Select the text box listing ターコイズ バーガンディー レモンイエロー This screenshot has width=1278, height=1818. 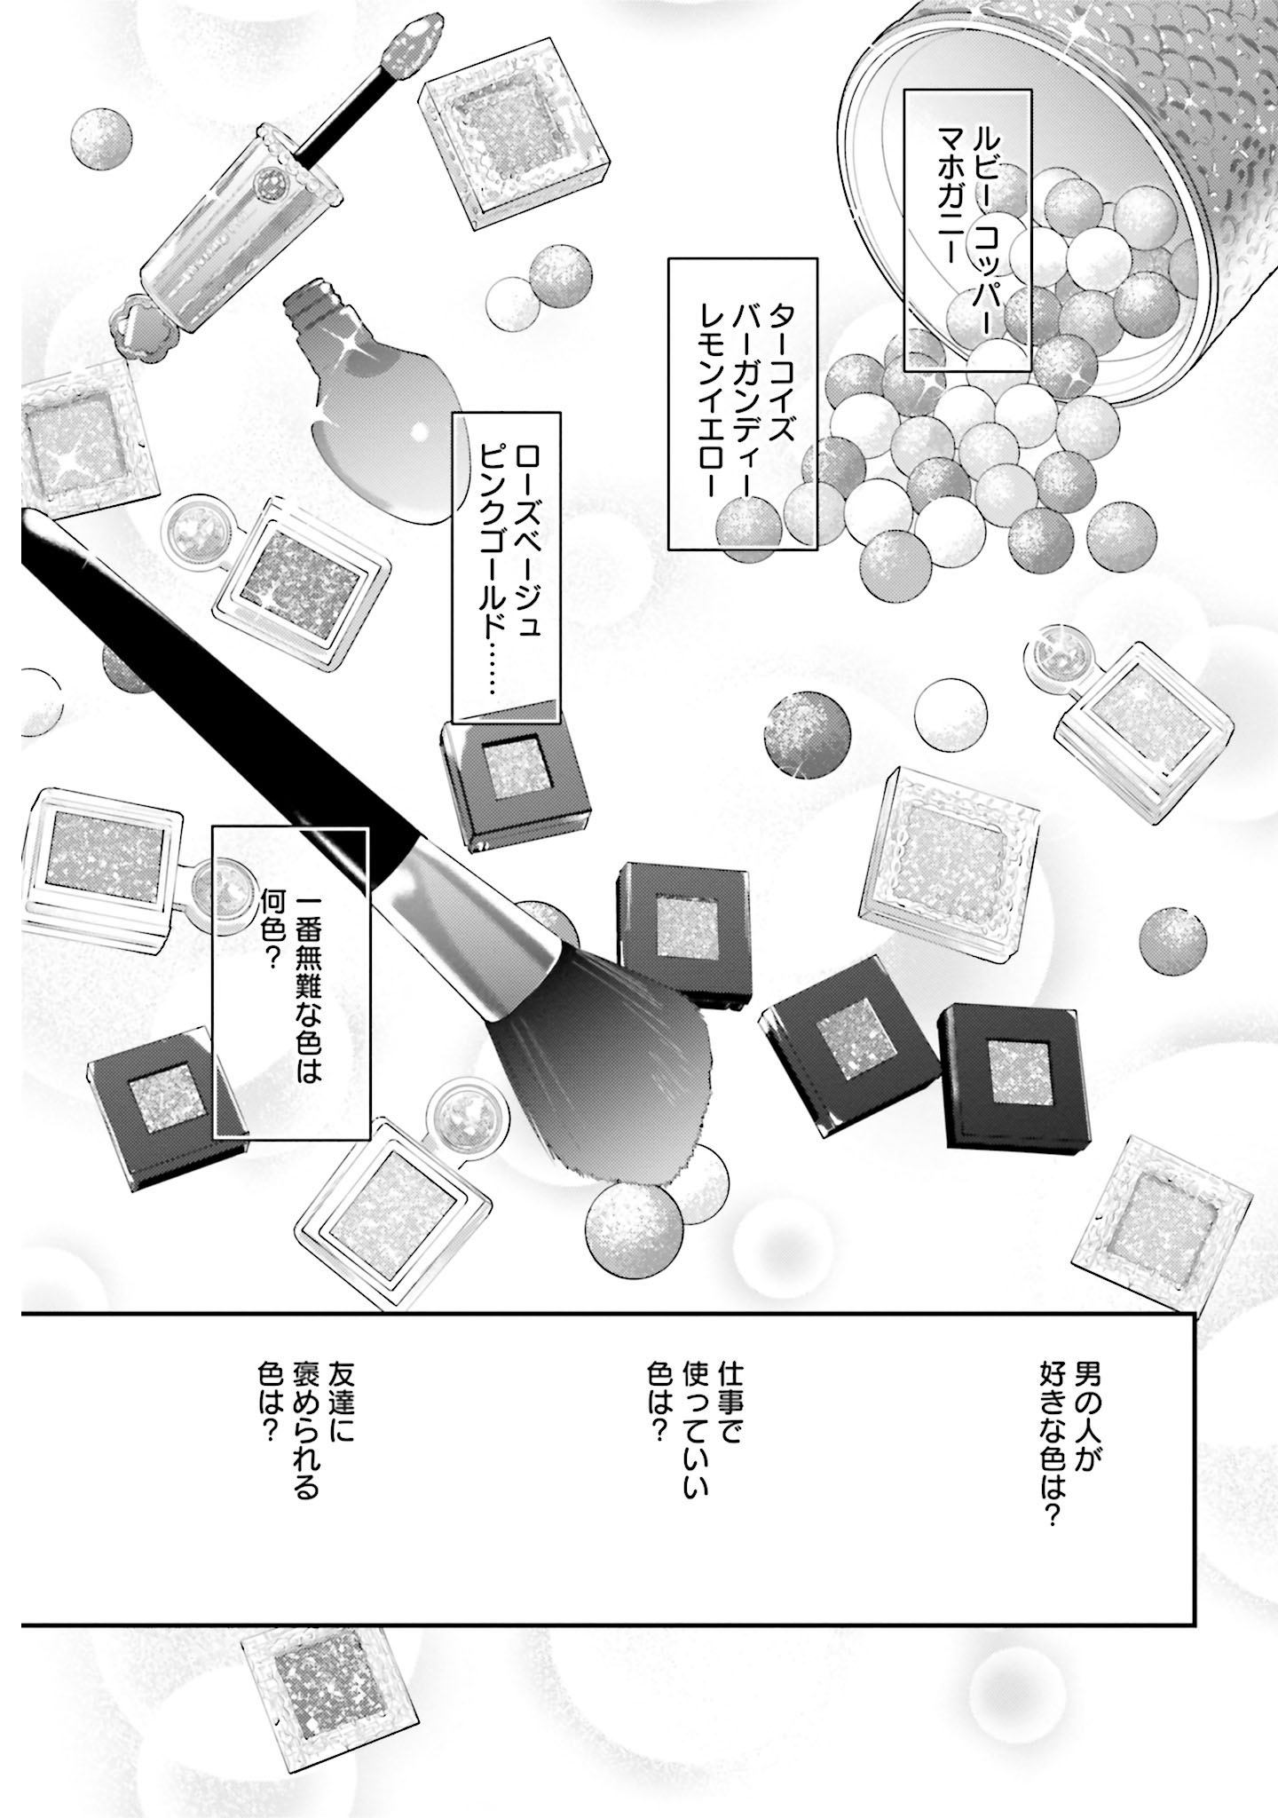[742, 403]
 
